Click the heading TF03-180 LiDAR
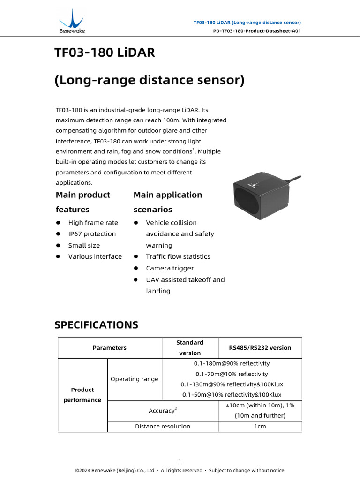(x=105, y=53)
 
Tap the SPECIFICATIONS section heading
(x=96, y=324)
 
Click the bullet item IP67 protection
(x=92, y=234)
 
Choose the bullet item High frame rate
(x=93, y=223)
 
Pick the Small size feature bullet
(x=84, y=245)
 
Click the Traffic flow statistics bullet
(x=178, y=256)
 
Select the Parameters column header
(x=110, y=348)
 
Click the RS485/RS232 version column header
(x=260, y=348)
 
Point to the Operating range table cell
(x=134, y=379)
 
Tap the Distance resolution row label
(x=163, y=426)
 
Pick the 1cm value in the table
(x=260, y=426)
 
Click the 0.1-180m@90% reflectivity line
(x=232, y=363)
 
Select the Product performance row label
(x=82, y=395)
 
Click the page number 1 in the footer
(x=180, y=460)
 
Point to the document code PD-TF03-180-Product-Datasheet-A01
(x=256, y=31)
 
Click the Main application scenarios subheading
(x=167, y=202)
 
